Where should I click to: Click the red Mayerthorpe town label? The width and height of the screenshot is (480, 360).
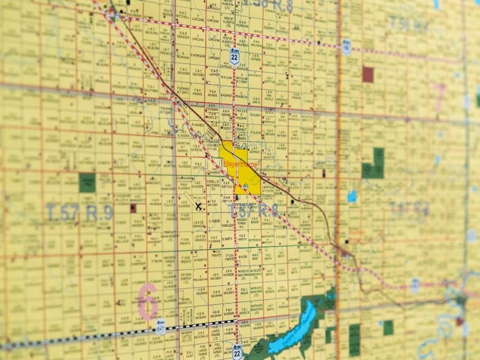(240, 165)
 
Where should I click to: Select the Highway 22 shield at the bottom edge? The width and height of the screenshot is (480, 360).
(237, 351)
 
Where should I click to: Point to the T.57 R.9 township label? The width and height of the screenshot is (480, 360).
(79, 212)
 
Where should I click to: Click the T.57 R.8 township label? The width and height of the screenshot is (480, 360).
(254, 210)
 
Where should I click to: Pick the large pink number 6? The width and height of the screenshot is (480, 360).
(148, 301)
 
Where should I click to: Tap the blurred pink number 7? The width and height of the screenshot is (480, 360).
(440, 97)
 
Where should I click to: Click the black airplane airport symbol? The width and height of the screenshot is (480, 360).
(199, 206)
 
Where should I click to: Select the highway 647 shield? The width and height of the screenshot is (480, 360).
(161, 323)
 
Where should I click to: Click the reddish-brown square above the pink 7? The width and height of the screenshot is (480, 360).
(368, 74)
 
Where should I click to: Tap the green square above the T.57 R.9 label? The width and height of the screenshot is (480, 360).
(87, 183)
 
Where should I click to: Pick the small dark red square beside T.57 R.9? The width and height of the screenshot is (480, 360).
(133, 208)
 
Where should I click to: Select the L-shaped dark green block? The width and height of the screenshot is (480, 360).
(374, 165)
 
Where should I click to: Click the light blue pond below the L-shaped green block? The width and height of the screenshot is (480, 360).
(352, 196)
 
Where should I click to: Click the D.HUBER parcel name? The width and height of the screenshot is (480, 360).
(215, 221)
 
